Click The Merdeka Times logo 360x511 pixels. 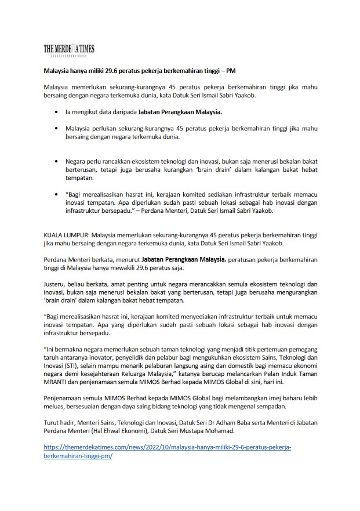pyautogui.click(x=69, y=50)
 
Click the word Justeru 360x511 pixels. pyautogui.click(x=56, y=285)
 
